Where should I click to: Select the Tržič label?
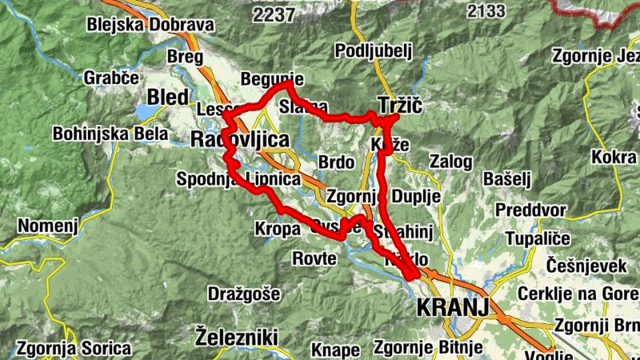pyautogui.click(x=399, y=106)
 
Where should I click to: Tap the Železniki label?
pyautogui.click(x=236, y=334)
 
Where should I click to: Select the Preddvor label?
pyautogui.click(x=530, y=210)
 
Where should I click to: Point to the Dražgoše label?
pyautogui.click(x=244, y=294)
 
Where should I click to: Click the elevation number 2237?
pyautogui.click(x=273, y=14)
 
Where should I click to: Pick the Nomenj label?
pyautogui.click(x=48, y=226)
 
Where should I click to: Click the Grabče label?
pyautogui.click(x=111, y=78)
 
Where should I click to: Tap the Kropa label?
pyautogui.click(x=278, y=228)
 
